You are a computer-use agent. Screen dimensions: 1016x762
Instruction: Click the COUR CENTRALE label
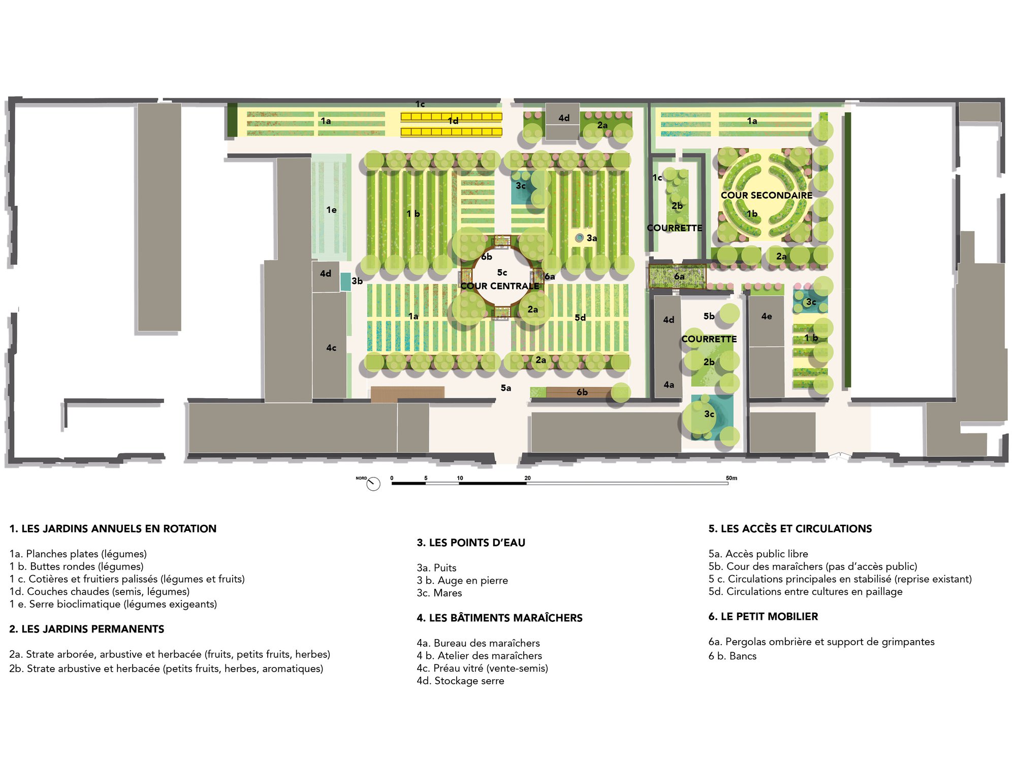(x=500, y=286)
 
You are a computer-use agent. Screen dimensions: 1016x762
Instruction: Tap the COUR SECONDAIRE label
(x=767, y=195)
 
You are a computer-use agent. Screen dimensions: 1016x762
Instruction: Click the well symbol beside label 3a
(x=579, y=238)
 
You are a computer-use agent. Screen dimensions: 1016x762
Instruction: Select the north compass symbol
(x=373, y=484)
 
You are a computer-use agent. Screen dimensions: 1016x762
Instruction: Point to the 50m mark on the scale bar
(x=732, y=478)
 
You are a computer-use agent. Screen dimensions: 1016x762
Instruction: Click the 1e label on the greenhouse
(x=331, y=210)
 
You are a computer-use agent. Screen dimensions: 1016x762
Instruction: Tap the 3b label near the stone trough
(x=357, y=281)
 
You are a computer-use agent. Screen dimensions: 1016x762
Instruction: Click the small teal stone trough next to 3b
(x=345, y=281)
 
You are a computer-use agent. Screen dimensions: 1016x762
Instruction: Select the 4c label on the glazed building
(x=331, y=348)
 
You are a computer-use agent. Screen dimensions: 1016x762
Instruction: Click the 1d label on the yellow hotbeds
(x=453, y=121)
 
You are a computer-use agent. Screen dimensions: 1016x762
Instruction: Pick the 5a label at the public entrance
(x=506, y=388)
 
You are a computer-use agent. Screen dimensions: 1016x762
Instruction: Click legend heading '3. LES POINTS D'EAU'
(x=471, y=543)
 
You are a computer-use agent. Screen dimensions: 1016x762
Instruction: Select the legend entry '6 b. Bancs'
(x=733, y=656)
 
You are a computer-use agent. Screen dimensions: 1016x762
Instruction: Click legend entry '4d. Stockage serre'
(x=460, y=681)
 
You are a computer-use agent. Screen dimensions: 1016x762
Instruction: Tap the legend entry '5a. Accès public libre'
(x=758, y=554)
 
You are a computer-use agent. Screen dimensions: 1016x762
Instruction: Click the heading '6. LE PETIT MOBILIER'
(x=763, y=616)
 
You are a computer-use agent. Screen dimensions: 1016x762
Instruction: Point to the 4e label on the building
(x=767, y=316)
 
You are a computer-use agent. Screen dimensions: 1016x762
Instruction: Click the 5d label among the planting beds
(x=580, y=317)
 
